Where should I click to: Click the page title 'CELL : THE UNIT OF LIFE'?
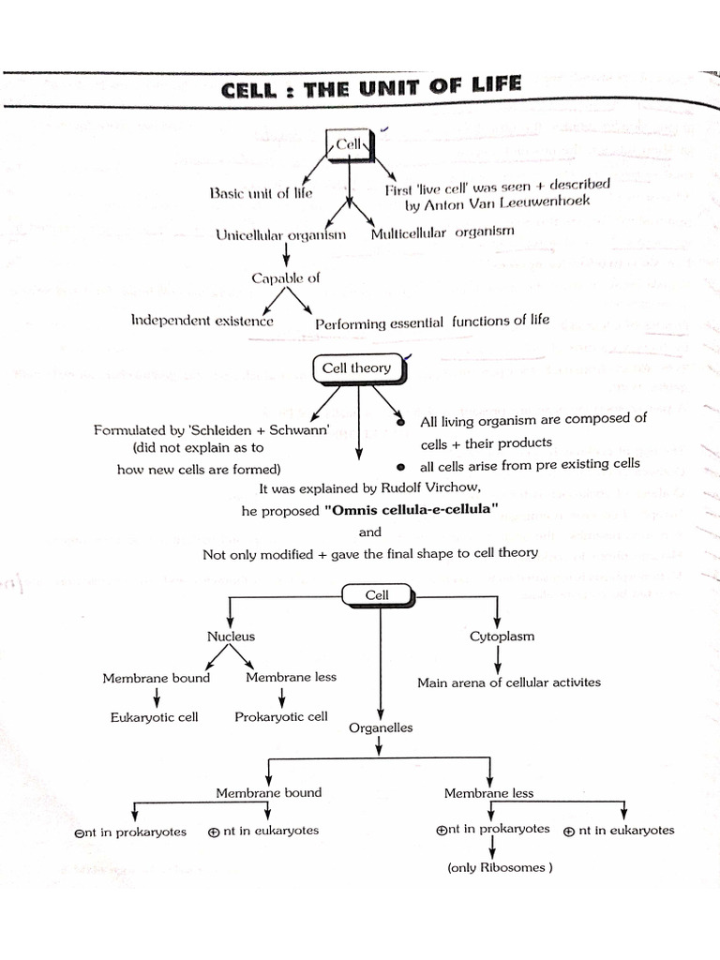coord(371,87)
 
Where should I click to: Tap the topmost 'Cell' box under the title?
coord(349,144)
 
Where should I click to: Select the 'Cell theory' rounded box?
coord(359,368)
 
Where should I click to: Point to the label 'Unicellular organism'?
coord(280,235)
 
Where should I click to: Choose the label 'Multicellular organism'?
coord(442,232)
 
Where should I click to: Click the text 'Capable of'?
coord(285,278)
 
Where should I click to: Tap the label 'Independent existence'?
coord(202,321)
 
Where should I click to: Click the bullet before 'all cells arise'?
coord(400,467)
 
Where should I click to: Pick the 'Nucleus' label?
coord(231,637)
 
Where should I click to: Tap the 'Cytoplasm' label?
coord(502,637)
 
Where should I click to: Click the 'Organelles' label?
coord(381,727)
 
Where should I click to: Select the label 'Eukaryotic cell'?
coord(155,717)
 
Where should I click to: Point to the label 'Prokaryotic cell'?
coord(281,717)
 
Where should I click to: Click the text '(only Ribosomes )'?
coord(500,867)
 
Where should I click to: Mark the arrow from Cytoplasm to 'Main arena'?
coord(497,659)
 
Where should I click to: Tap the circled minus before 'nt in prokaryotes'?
coord(78,833)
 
